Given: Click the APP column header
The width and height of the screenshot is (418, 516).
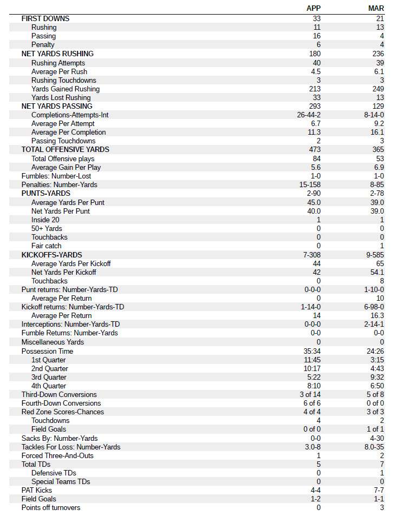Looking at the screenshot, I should pyautogui.click(x=313, y=8).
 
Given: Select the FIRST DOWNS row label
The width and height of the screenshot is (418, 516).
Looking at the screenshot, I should pyautogui.click(x=45, y=18).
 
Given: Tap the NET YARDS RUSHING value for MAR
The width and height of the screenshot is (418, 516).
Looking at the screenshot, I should pyautogui.click(x=378, y=54).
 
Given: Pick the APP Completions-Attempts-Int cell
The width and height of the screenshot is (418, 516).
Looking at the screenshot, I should pyautogui.click(x=309, y=115).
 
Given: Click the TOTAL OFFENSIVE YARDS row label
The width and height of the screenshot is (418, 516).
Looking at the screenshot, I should pyautogui.click(x=65, y=149).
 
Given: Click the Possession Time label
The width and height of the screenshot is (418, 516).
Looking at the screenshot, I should pyautogui.click(x=47, y=351).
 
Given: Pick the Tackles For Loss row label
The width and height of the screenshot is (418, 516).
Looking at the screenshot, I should pyautogui.click(x=71, y=447).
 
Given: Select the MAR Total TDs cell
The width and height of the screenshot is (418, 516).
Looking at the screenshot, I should pyautogui.click(x=382, y=464).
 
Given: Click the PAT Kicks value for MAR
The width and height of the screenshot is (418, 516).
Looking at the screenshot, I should pyautogui.click(x=379, y=490).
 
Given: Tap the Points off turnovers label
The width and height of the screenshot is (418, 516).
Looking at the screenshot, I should pyautogui.click(x=51, y=507).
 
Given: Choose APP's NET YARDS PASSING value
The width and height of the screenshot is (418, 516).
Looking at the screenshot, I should pyautogui.click(x=315, y=106).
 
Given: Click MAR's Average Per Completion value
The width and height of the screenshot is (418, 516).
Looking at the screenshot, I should pyautogui.click(x=378, y=132).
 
